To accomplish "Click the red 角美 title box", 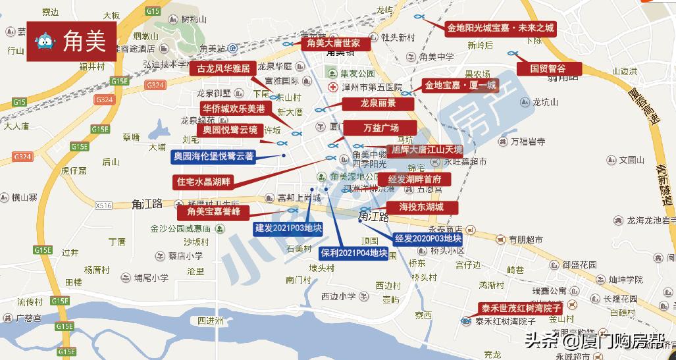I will [72, 42].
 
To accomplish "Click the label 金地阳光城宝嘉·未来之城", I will [500, 28].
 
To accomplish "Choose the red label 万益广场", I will [380, 127].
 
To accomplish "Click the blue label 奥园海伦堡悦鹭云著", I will [212, 156].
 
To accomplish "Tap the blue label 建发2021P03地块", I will [288, 228].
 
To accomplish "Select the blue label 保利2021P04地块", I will [353, 252].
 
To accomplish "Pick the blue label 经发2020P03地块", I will [428, 238].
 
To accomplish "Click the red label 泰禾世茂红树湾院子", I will [519, 308].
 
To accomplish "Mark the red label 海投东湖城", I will [421, 207].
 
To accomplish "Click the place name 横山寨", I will [25, 197].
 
